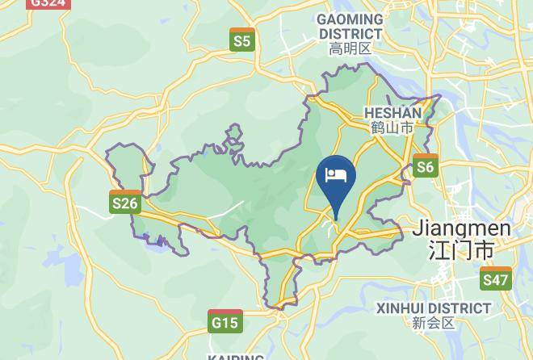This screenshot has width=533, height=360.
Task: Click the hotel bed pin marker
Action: coord(335,182)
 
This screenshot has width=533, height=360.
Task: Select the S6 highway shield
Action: coord(425,165)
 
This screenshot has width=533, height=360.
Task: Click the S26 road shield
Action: coord(124,202)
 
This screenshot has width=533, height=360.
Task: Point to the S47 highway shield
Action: coord(495,278)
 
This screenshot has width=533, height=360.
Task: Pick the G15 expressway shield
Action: coord(225,321)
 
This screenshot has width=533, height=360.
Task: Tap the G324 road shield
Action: coord(48,3)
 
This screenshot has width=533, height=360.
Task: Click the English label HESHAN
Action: coord(392,113)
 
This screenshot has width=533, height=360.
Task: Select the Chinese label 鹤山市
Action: coord(392,128)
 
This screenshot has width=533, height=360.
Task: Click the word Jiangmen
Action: coord(461,228)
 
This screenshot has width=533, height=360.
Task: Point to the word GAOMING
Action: coord(350,19)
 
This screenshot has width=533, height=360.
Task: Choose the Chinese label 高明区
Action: coord(350,49)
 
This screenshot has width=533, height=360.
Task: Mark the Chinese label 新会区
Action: coord(434,323)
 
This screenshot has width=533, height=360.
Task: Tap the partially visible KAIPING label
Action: coord(236,356)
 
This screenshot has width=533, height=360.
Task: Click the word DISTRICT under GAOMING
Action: coord(350,34)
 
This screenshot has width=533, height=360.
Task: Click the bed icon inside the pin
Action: coord(335,174)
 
